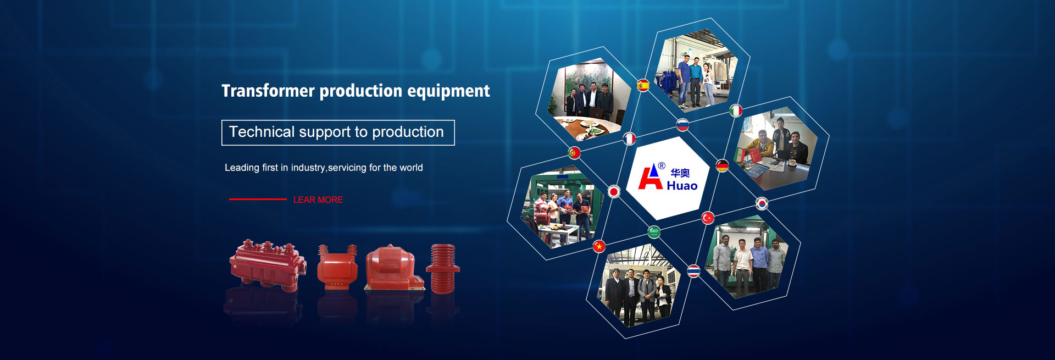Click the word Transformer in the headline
(x=268, y=91)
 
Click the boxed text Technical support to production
(x=336, y=132)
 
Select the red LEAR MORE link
(x=318, y=200)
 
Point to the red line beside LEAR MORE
(x=258, y=199)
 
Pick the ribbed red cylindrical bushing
(x=443, y=269)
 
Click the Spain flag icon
(x=643, y=85)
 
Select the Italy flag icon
(x=736, y=111)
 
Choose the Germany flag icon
(x=722, y=165)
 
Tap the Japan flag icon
(x=614, y=191)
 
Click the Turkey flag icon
(x=708, y=218)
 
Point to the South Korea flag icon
(x=762, y=204)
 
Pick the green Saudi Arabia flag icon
(x=654, y=232)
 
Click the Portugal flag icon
(x=574, y=153)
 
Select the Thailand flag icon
(x=694, y=271)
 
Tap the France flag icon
(x=629, y=139)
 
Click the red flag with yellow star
(x=599, y=246)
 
